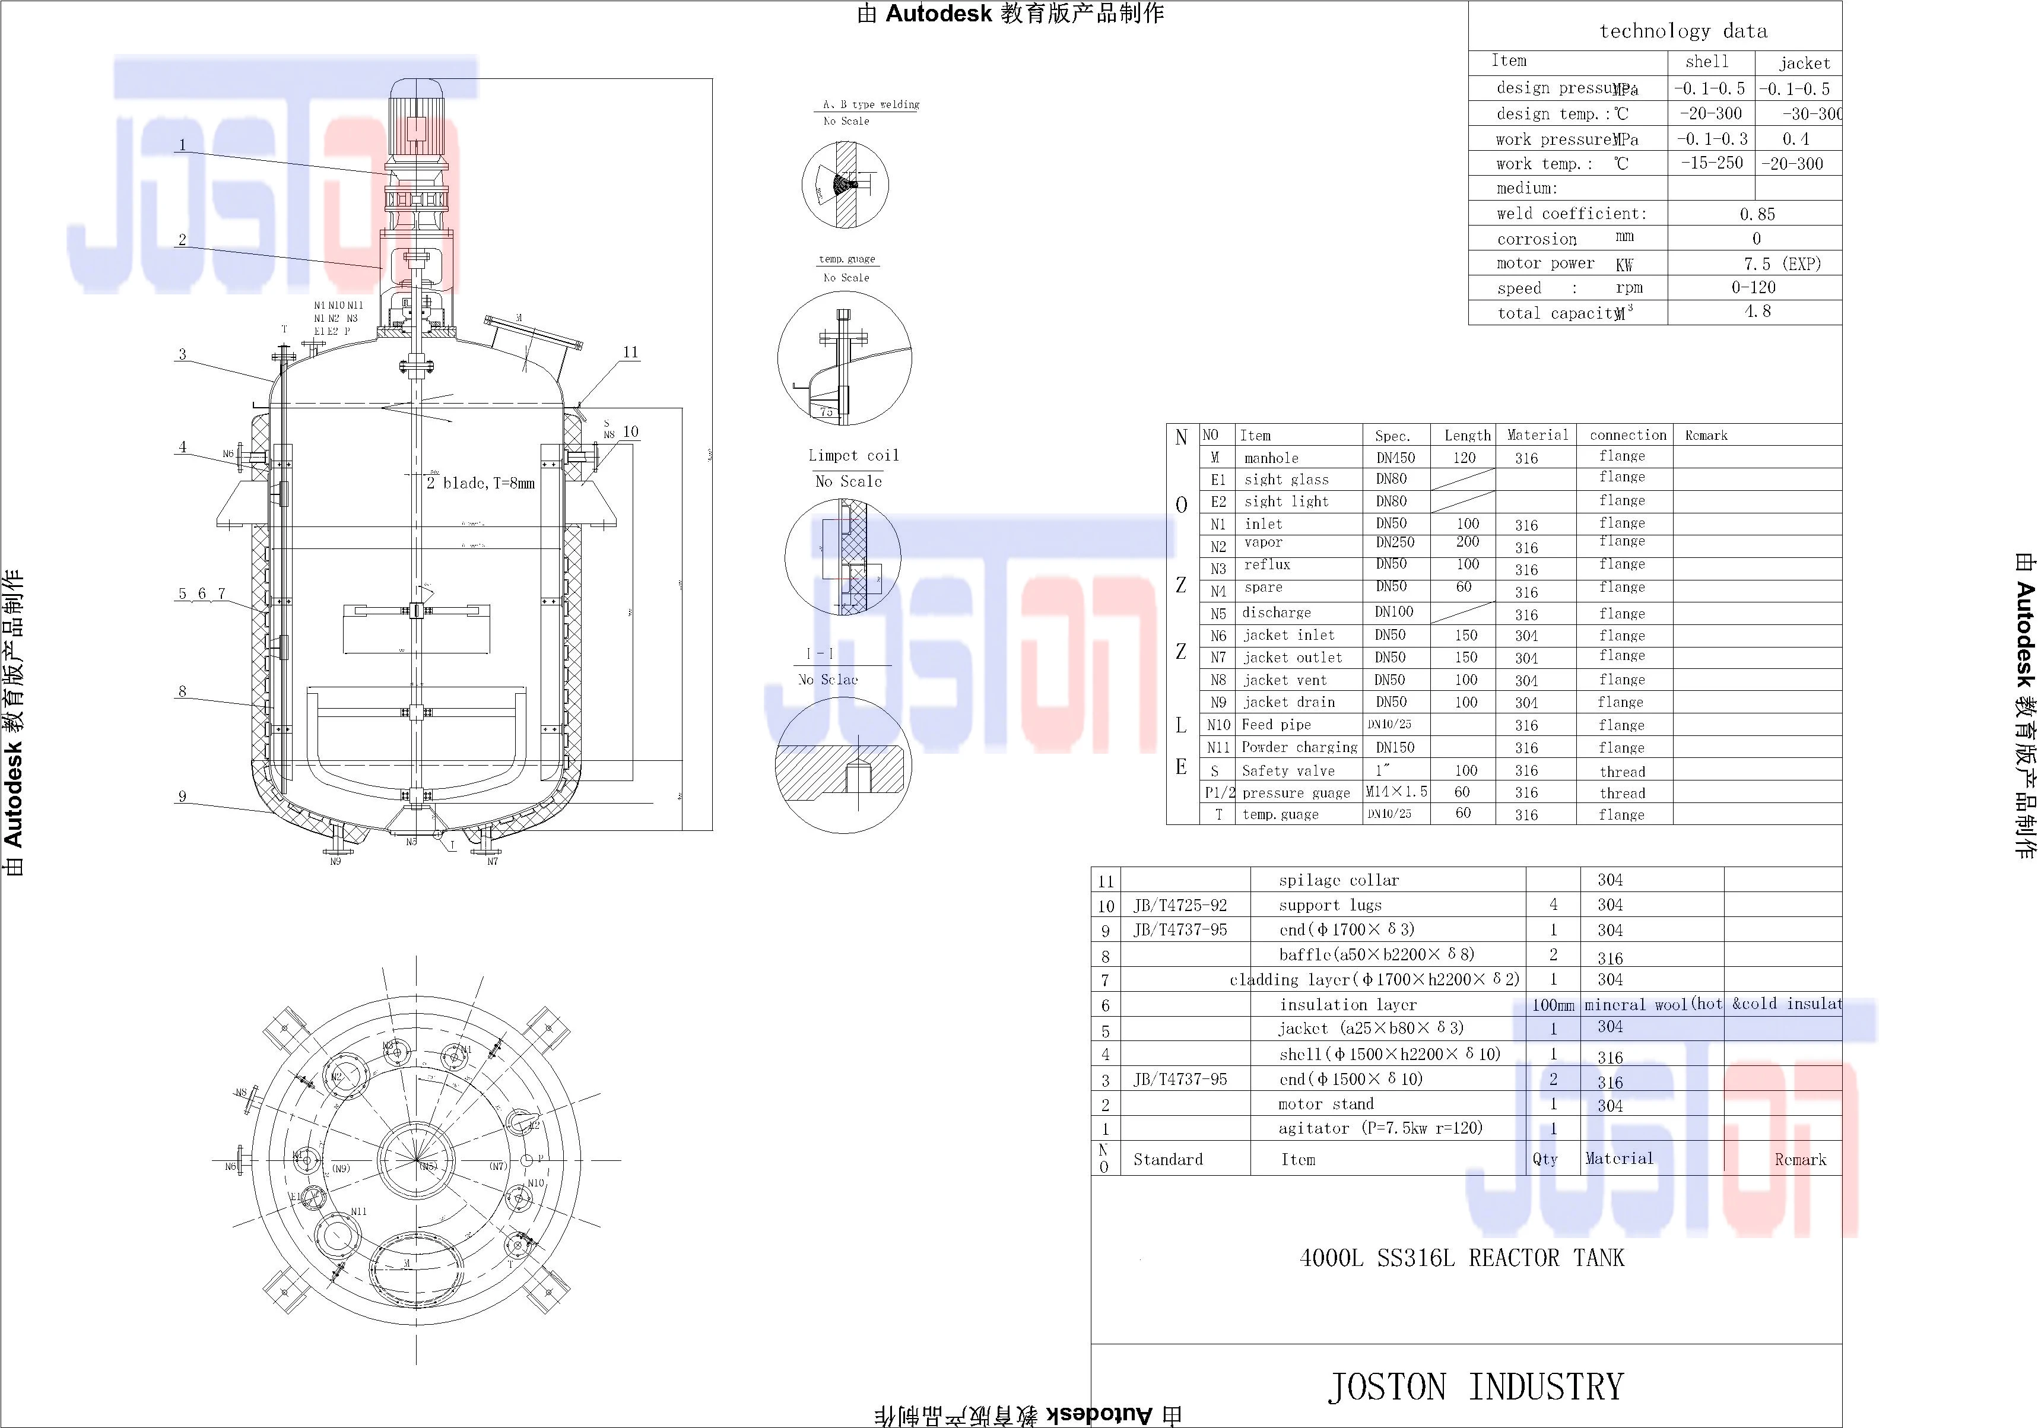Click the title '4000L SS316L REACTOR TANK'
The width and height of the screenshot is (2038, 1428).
[x=1461, y=1258]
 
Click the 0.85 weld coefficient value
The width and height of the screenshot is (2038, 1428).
[x=1757, y=214]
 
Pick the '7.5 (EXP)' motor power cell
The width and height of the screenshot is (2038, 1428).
[x=1782, y=264]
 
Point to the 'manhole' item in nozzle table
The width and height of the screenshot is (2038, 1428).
[x=1271, y=458]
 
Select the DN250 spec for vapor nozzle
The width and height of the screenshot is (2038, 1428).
[x=1395, y=542]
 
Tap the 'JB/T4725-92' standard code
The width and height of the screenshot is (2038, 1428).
[x=1180, y=905]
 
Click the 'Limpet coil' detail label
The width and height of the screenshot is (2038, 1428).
[x=853, y=455]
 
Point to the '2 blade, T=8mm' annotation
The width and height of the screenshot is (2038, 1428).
[x=480, y=483]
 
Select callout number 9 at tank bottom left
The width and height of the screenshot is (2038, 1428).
[x=182, y=796]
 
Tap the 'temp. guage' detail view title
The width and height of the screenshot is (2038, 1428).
[x=847, y=259]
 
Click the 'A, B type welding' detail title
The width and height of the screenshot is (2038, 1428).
[x=870, y=104]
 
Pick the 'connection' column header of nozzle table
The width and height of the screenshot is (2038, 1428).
[x=1627, y=435]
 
